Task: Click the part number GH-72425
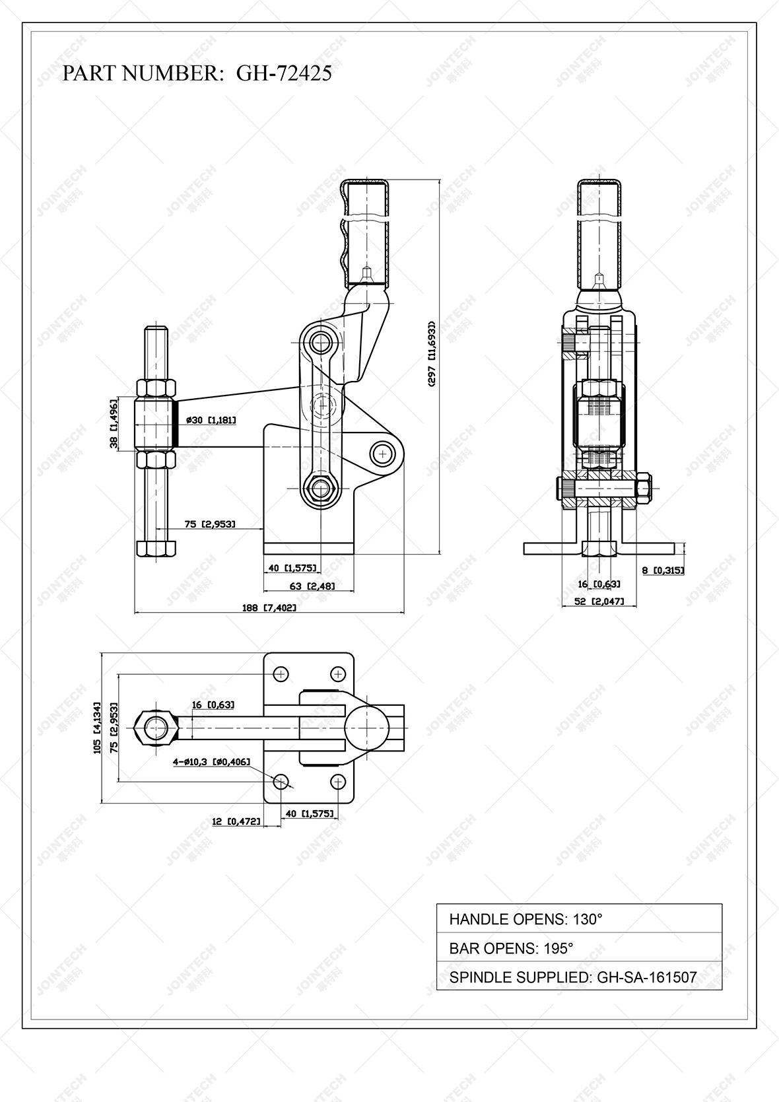click(284, 73)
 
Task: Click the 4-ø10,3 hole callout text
click(211, 762)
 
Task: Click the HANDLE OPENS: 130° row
click(578, 918)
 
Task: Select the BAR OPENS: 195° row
click(578, 948)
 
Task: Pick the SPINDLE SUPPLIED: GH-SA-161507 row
click(578, 977)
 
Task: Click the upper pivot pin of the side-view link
click(321, 342)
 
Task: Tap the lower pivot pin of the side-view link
click(321, 489)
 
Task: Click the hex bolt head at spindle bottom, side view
click(156, 548)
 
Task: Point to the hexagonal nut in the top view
click(156, 728)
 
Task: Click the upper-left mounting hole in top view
click(282, 674)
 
